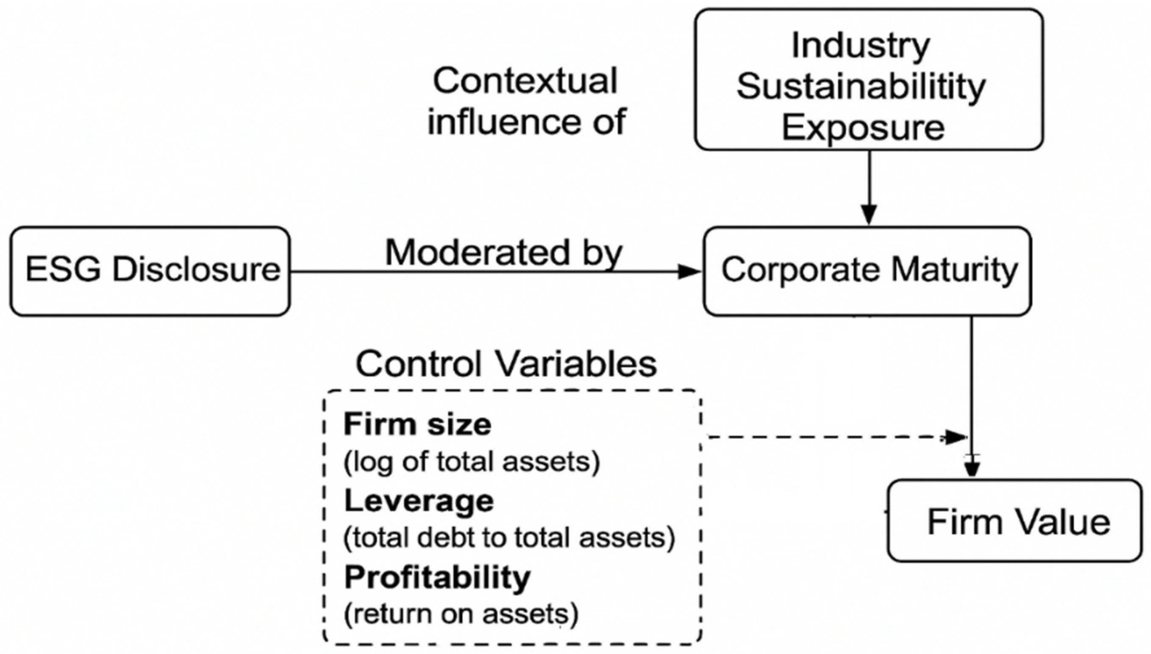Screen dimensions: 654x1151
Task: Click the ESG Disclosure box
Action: pos(150,271)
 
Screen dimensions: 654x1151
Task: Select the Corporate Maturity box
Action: pos(867,271)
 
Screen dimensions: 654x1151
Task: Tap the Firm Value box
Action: pos(1015,521)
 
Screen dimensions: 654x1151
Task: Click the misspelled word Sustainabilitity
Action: pos(861,86)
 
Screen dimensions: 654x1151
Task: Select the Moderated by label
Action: pos(503,252)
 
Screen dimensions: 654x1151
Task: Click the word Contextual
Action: pos(525,81)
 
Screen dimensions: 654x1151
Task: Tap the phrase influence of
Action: pos(526,121)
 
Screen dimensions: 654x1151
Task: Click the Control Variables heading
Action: pos(506,364)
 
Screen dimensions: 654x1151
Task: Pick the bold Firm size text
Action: pos(417,424)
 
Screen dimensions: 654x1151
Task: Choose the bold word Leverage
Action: pos(419,500)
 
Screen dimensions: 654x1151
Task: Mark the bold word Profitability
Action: pos(437,577)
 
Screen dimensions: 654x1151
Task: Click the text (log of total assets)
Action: pos(471,462)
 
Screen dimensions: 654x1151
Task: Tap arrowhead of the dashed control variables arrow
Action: pos(956,437)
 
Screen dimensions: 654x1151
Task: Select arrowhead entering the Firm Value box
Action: pos(972,470)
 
